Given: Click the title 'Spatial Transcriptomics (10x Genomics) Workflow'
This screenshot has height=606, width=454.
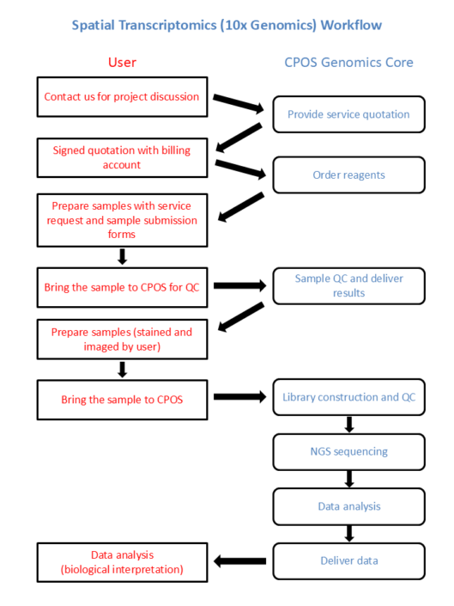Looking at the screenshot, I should [x=227, y=25].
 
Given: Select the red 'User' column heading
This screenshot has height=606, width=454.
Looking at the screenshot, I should [x=122, y=62].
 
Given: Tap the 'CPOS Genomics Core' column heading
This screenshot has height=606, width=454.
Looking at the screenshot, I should [x=348, y=62].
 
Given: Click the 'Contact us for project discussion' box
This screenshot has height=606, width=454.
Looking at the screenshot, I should [x=122, y=96].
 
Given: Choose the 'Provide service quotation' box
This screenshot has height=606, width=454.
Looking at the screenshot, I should [x=348, y=114].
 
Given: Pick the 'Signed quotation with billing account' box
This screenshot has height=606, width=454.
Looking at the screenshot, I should [x=122, y=157].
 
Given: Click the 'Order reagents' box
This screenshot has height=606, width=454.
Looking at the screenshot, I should [x=348, y=174].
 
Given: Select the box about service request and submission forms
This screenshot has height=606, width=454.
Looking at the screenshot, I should [x=122, y=220].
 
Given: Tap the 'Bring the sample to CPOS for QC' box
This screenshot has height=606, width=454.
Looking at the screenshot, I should [x=122, y=287].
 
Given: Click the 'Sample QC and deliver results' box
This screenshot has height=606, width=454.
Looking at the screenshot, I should [x=348, y=286].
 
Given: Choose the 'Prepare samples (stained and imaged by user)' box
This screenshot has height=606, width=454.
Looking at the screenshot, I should [x=122, y=339].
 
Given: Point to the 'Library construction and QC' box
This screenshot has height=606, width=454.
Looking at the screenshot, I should [x=348, y=398].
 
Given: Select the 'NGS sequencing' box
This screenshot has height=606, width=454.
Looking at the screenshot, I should [x=348, y=451].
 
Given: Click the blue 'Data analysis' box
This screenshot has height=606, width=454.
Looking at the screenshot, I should [x=348, y=506].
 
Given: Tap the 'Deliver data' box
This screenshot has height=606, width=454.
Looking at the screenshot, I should [x=348, y=560].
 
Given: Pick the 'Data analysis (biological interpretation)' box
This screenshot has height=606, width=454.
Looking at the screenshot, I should [x=122, y=562].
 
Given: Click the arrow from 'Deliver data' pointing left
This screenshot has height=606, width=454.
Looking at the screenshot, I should [x=240, y=561].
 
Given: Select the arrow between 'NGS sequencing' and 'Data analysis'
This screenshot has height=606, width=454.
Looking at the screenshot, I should [x=349, y=479].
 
